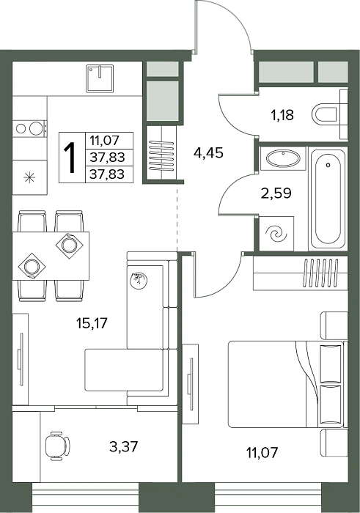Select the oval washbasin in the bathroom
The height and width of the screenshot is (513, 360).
click(x=283, y=159)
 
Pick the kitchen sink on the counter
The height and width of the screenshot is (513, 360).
click(x=100, y=78)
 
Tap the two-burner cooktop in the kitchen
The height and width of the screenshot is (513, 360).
click(x=29, y=128)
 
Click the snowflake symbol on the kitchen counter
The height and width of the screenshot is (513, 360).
click(x=29, y=177)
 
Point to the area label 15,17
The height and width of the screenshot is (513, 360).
click(x=92, y=323)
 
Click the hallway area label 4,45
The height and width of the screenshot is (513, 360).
click(x=208, y=152)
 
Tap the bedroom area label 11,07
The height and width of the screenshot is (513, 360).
click(x=262, y=452)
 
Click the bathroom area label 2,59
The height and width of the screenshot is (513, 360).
click(x=276, y=193)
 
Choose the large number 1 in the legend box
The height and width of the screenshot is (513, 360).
click(x=71, y=158)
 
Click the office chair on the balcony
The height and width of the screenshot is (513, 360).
click(x=56, y=446)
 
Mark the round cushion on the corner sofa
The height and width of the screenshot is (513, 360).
click(x=139, y=281)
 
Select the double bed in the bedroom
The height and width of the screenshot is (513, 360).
click(x=287, y=384)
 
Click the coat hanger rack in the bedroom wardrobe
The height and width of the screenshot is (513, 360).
click(x=320, y=273)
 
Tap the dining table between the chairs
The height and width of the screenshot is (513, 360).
click(x=51, y=256)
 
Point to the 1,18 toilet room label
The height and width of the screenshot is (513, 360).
click(x=282, y=115)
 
